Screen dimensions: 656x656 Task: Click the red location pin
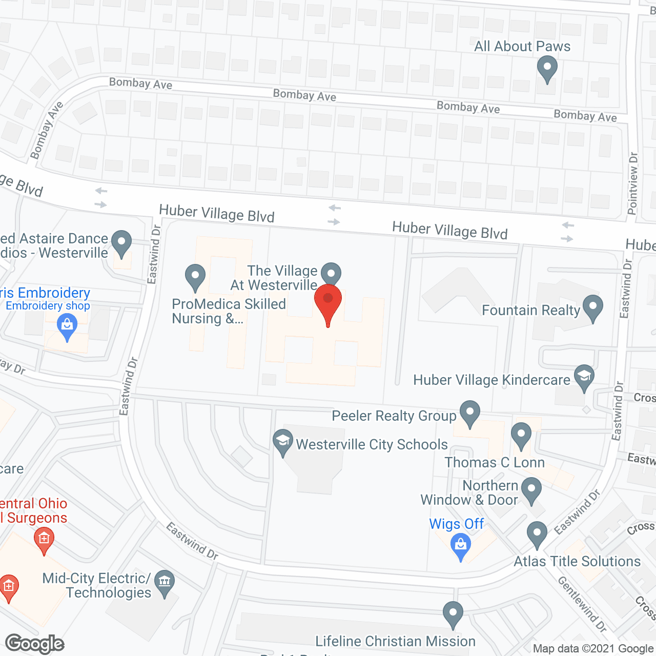328,302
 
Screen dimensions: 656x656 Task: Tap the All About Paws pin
547,68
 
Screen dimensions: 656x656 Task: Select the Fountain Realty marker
593,307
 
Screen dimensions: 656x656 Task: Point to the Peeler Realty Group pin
469,413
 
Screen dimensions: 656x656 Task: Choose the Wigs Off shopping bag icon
460,545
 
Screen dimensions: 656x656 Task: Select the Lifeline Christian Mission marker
453,613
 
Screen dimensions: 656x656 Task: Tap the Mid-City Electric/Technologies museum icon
165,582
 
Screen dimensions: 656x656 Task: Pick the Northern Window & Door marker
531,489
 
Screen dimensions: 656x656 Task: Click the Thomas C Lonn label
495,462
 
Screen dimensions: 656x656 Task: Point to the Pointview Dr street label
633,183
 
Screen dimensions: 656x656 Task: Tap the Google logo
35,644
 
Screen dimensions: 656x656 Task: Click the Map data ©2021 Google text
593,649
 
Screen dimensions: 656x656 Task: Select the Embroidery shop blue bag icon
67,326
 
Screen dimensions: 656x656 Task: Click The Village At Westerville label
282,278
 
